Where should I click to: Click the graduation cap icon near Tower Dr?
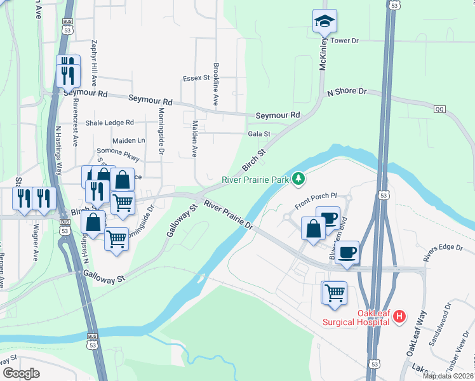[324, 21]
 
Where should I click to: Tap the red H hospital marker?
[399, 316]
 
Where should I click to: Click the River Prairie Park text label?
[255, 180]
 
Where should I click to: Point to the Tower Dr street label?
[345, 41]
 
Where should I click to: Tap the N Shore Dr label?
[347, 92]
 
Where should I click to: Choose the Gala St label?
[259, 134]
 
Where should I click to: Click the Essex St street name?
[196, 78]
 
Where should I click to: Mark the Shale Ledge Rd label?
[110, 123]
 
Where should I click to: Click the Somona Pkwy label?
[117, 152]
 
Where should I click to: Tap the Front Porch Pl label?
[314, 197]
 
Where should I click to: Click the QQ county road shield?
[439, 109]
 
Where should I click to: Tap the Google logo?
[21, 373]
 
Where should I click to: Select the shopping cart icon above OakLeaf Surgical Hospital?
[335, 293]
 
